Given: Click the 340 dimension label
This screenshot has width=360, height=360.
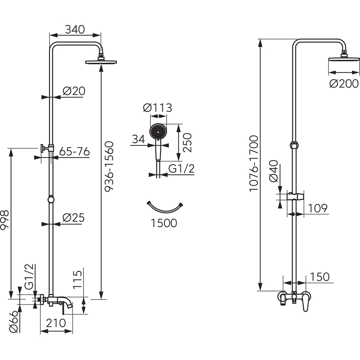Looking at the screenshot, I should (75, 29).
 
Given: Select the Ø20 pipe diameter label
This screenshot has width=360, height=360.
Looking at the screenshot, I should (74, 91).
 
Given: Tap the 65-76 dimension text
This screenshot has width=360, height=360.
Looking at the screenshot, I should (74, 152).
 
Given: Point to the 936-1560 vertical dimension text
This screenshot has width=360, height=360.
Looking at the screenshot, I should (109, 166).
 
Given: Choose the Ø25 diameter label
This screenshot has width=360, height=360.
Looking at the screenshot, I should (73, 218).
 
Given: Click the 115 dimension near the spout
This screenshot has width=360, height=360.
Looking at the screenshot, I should (78, 280).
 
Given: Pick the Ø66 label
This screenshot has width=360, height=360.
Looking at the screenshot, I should (13, 321).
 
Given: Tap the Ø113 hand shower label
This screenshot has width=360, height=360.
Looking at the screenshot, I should (157, 108).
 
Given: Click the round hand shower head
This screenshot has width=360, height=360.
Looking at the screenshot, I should (158, 132).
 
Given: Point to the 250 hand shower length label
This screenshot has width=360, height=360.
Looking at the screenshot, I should (187, 143).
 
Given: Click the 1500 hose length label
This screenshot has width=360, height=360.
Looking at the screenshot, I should (164, 223).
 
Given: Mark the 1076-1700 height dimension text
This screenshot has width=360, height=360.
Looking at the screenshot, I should (254, 163).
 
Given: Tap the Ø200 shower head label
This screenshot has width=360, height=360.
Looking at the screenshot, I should (344, 84).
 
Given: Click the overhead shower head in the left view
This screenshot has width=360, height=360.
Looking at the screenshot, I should (101, 62).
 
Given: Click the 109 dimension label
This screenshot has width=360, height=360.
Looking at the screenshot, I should (317, 208).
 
